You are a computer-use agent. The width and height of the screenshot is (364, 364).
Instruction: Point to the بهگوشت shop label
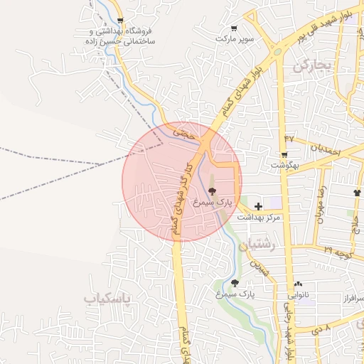284,165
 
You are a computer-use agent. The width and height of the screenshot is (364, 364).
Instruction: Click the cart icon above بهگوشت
284,155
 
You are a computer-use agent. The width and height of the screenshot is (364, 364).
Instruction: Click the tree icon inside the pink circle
210,192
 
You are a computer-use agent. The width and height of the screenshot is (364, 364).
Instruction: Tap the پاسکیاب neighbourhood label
108,299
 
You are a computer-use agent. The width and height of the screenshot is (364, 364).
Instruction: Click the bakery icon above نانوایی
297,284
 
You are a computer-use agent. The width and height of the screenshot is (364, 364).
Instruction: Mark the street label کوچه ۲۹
338,250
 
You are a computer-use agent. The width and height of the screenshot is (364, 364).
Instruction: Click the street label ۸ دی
321,330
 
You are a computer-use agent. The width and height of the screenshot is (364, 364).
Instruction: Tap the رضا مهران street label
323,203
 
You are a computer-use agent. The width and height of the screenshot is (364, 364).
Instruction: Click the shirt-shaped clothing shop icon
357,192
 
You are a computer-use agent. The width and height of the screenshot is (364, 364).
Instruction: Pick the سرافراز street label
348,296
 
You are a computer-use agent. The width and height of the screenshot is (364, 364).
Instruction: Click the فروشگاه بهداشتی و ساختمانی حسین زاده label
124,37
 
